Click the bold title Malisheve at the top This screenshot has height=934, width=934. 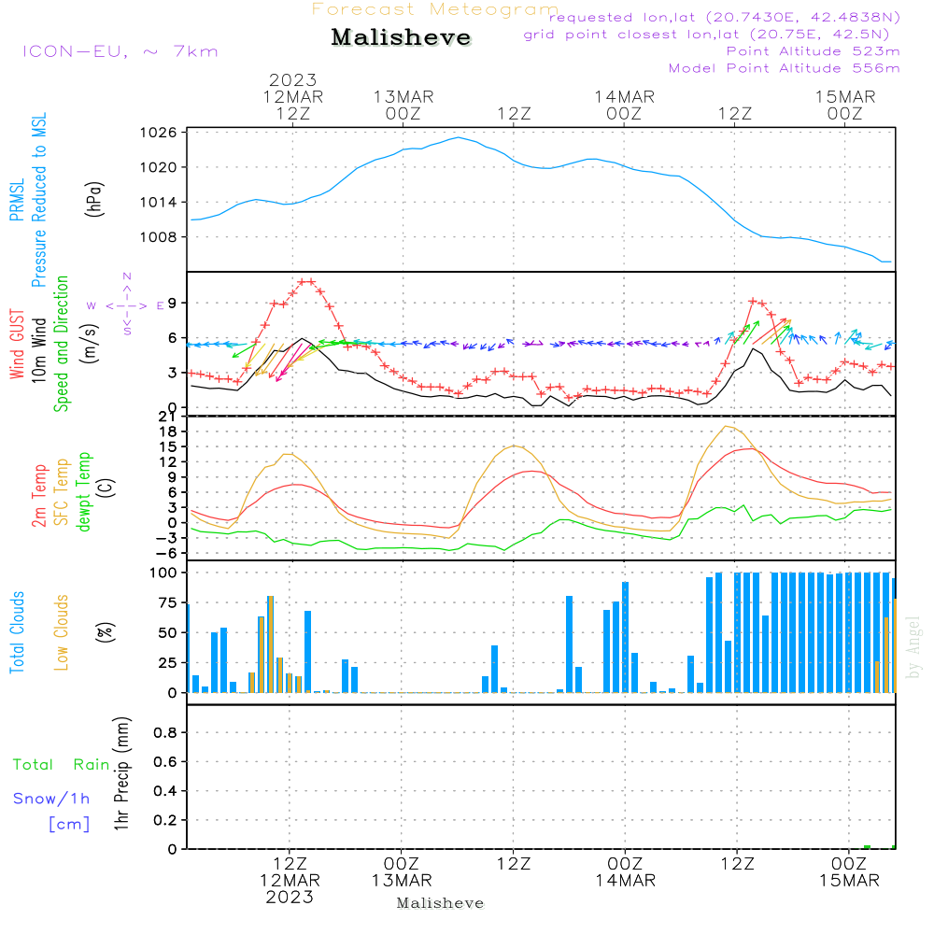(x=402, y=37)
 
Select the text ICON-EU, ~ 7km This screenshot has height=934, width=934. (x=120, y=51)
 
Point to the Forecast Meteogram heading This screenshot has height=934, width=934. (x=435, y=9)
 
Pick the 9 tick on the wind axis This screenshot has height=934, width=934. (x=173, y=303)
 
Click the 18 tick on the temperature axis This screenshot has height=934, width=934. (x=169, y=432)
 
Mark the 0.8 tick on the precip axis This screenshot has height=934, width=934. (x=166, y=733)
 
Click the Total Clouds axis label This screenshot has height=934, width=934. (x=17, y=632)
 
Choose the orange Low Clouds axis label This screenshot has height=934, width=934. (x=62, y=632)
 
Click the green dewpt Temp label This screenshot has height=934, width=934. (x=84, y=492)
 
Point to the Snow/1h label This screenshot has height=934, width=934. (x=51, y=799)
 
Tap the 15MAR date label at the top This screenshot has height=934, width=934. (x=845, y=97)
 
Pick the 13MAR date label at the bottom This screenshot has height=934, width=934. (x=402, y=881)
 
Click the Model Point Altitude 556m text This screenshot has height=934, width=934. (x=785, y=68)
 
